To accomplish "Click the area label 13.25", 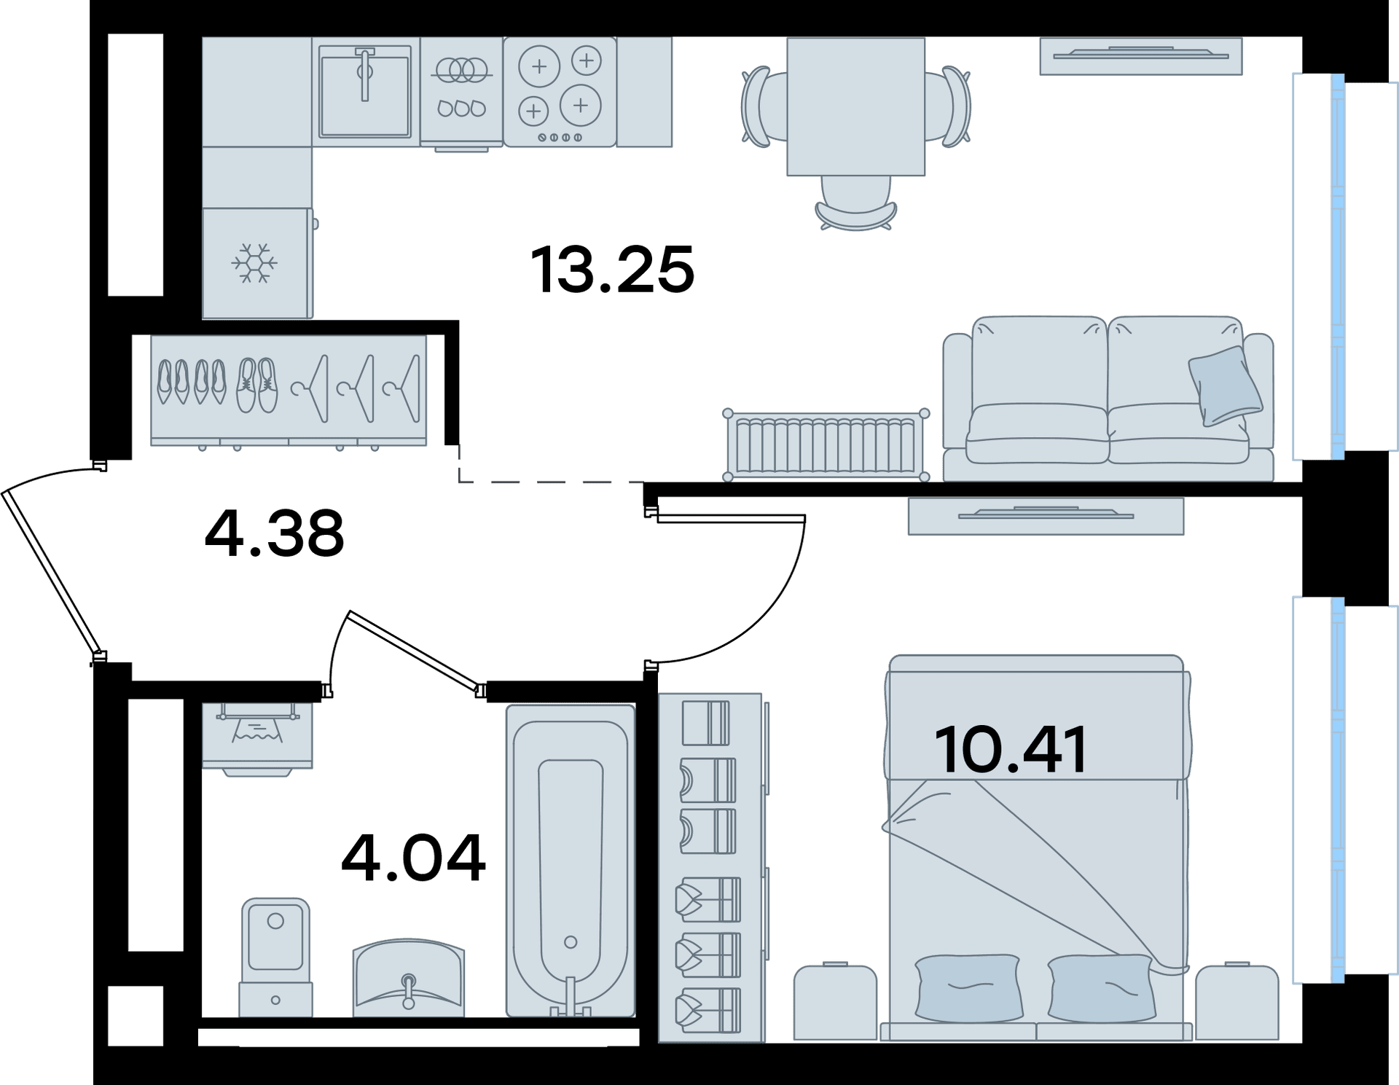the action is [x=613, y=270].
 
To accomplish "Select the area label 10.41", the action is [x=1011, y=749].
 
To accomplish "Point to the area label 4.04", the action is [x=412, y=857].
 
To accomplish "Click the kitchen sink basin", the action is [x=364, y=91].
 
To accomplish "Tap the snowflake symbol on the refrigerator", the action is [x=254, y=263].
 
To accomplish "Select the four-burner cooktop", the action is [x=560, y=92].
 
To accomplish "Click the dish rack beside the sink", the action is [x=461, y=92].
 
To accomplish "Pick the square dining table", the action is [x=855, y=106].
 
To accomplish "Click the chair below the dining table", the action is [x=856, y=203].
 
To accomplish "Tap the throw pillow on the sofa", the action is [x=1225, y=385].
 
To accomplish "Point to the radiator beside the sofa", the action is [x=826, y=444].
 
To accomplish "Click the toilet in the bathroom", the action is [x=275, y=957].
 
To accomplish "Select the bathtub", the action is [x=571, y=860].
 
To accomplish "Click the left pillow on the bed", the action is [x=967, y=987].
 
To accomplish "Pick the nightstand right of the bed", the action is [x=1237, y=1001].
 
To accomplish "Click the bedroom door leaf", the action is [x=731, y=519].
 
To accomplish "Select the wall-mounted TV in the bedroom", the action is [x=1046, y=516].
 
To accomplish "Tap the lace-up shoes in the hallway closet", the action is [x=257, y=385].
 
